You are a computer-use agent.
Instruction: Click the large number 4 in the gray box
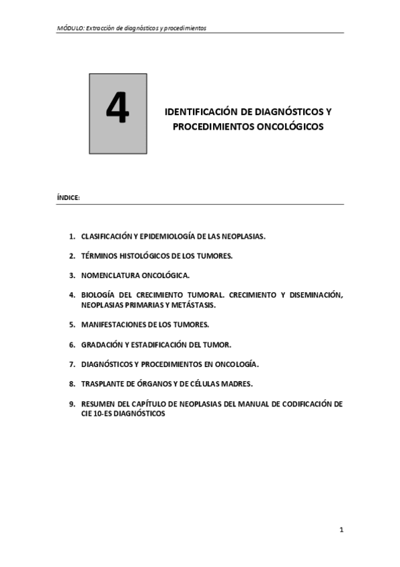118,111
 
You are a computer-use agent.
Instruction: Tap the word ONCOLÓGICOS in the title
285,125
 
